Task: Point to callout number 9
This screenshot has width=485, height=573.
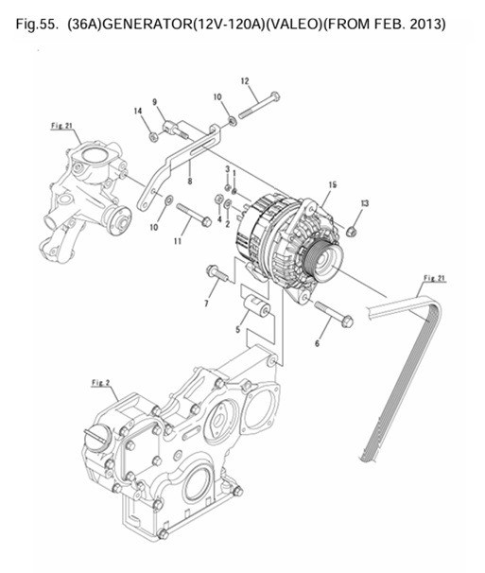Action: coord(155,102)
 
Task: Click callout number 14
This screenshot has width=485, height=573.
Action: coord(139,113)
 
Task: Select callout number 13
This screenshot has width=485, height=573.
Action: coord(365,204)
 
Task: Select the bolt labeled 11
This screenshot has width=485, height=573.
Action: coord(193,216)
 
